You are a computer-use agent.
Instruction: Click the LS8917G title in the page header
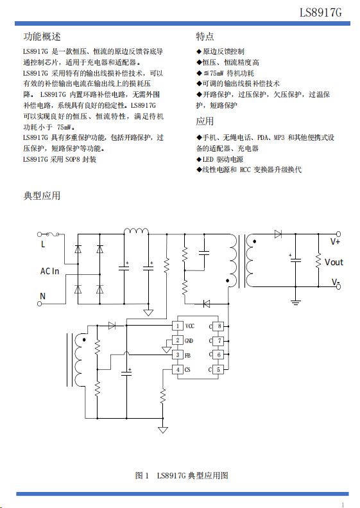pos(320,13)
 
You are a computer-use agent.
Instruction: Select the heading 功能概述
pos(42,37)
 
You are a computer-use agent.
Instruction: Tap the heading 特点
pos(205,37)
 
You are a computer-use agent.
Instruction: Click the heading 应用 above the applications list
pos(205,121)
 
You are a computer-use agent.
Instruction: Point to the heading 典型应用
pos(42,196)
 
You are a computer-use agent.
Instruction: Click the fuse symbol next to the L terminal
pos(52,234)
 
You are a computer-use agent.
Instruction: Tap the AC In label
pos(49,271)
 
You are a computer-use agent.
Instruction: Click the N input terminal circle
pos(40,304)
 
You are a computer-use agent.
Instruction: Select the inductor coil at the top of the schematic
pos(136,231)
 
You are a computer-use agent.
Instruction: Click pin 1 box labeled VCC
pos(177,326)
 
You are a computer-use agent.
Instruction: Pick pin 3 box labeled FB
pos(177,355)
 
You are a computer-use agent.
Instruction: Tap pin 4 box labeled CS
pos(177,370)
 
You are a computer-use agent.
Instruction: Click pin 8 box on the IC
pos(219,326)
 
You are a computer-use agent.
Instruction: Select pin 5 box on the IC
pos(219,370)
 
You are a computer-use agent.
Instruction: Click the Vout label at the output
pos(334,262)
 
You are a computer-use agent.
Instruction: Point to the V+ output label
pos(335,241)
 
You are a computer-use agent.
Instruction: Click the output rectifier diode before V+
pos(278,234)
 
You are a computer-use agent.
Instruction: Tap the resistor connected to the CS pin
pos(163,396)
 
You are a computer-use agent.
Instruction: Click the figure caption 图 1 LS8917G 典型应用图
pos(182,475)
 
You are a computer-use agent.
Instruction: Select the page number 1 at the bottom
pos(343,505)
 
